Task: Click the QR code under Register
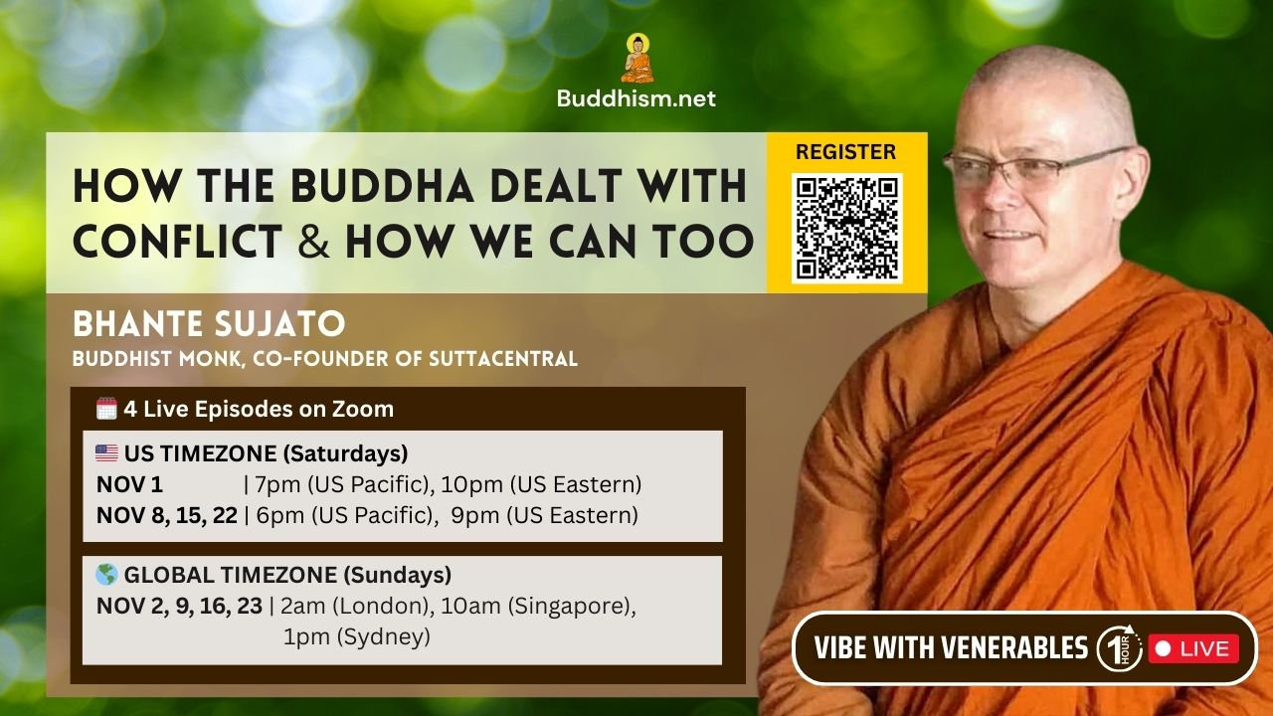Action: coord(846,228)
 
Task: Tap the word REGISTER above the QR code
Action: coord(845,152)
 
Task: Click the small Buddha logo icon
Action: coord(637,58)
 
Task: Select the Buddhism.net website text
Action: coord(636,98)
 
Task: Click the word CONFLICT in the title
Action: coord(178,241)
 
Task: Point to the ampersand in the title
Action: coord(313,241)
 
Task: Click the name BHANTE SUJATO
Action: coord(209,324)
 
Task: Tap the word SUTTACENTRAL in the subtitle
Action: coord(503,359)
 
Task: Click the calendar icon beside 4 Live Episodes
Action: coord(106,409)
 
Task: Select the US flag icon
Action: coord(106,453)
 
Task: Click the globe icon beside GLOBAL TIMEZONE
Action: coord(106,575)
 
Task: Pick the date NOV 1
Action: coord(129,484)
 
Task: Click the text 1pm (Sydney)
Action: coord(357,637)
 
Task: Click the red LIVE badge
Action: coord(1193,649)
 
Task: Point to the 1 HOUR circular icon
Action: coord(1119,648)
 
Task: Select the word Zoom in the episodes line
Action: coord(363,409)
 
